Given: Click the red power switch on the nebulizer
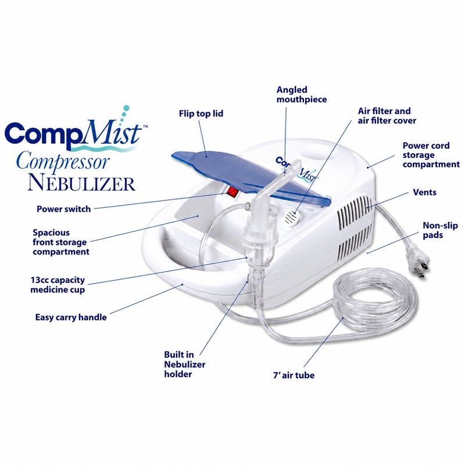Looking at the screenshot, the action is tap(232, 192).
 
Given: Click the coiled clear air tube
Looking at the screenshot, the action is tap(375, 301).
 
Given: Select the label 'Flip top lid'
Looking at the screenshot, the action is tap(201, 114).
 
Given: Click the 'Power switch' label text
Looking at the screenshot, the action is tap(63, 209).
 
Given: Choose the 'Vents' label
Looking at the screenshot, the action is tap(424, 192).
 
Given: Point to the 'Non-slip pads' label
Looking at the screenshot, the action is tap(440, 230).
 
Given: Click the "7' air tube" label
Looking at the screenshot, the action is tap(294, 375).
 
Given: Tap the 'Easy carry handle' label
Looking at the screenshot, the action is tap(71, 317).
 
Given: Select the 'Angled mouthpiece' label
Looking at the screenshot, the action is tap(302, 95).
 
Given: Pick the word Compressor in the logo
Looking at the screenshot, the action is tap(63, 161).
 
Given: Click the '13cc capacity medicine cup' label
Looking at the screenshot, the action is tap(58, 285).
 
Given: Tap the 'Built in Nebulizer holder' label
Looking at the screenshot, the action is tap(185, 365).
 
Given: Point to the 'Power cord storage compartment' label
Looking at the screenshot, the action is tap(431, 155).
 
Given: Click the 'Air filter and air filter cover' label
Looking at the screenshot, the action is tap(387, 116).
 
